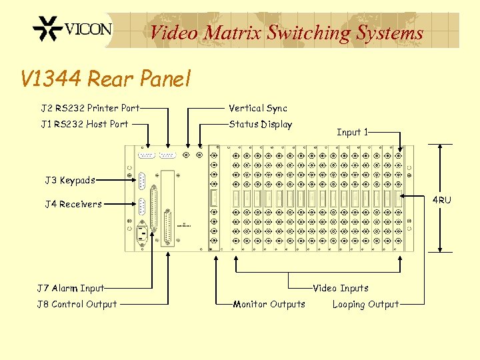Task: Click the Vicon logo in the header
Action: tap(72, 30)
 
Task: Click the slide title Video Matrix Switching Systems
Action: tap(287, 32)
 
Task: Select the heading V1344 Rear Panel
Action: tap(106, 79)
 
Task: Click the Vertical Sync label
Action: tap(258, 108)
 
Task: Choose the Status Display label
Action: tap(260, 124)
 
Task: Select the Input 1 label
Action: tap(353, 132)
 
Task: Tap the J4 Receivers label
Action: tap(73, 204)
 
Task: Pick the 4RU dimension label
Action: tap(441, 200)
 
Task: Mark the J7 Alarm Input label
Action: tap(71, 289)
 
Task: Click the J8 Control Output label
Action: tap(77, 305)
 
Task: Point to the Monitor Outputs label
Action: tap(269, 305)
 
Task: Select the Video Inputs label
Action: tap(341, 289)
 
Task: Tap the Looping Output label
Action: tap(365, 305)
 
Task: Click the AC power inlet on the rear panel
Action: tap(141, 234)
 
